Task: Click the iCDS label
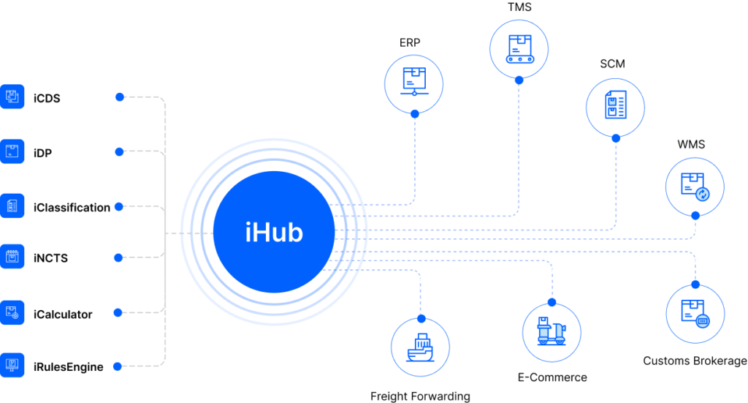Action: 47,97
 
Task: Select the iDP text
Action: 42,153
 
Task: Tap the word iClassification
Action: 72,208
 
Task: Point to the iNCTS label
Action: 50,258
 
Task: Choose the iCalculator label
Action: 63,315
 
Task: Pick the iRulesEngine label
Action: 68,367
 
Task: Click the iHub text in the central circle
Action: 274,233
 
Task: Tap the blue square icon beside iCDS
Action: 12,96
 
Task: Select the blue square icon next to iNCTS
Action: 12,257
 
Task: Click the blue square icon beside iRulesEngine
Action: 12,364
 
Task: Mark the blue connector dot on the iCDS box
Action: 120,97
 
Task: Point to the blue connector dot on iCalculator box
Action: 120,313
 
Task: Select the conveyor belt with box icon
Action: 519,48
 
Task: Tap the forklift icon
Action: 552,331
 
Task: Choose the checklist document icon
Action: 615,107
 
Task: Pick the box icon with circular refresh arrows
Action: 695,186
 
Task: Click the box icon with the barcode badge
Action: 695,313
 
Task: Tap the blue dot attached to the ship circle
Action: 421,318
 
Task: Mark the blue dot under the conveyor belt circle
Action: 519,80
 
